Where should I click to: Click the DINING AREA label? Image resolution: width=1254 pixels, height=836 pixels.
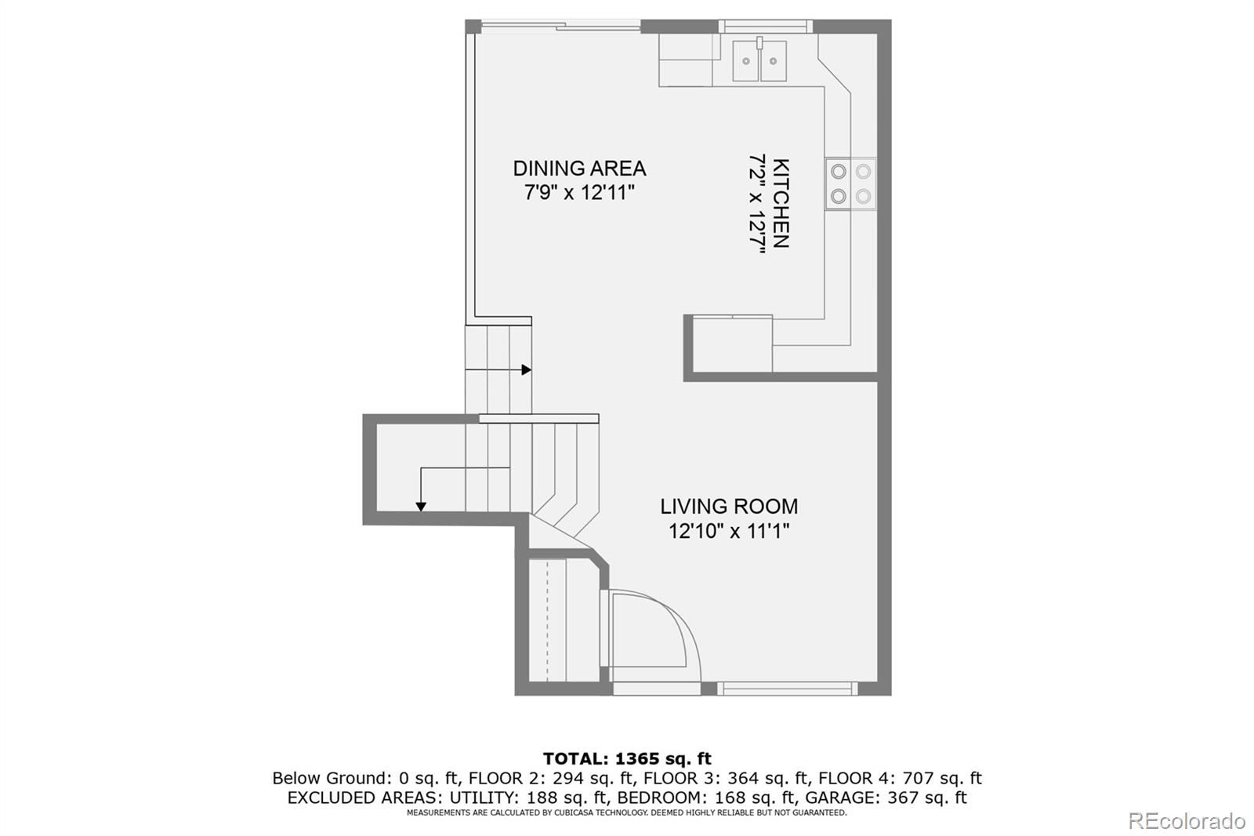click(x=579, y=168)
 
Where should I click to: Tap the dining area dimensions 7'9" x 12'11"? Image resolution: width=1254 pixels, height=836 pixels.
click(x=579, y=193)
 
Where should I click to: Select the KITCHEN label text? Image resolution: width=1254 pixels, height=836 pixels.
click(x=781, y=204)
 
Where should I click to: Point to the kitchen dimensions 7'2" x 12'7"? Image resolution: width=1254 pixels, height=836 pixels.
click(x=756, y=204)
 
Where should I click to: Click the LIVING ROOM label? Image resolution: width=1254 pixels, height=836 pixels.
click(x=728, y=507)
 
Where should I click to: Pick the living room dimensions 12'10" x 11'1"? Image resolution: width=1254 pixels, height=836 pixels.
click(x=728, y=532)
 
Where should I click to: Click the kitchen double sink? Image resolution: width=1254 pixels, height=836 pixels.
click(x=759, y=61)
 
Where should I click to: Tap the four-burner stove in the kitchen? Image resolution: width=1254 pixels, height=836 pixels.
click(x=850, y=184)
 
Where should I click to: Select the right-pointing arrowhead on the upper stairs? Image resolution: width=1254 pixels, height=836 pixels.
click(x=527, y=369)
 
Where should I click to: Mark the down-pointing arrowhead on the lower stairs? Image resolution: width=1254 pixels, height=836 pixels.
click(x=421, y=507)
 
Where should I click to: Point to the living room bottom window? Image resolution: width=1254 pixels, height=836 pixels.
click(x=787, y=689)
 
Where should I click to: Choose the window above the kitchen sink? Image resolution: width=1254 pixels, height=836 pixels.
click(x=765, y=26)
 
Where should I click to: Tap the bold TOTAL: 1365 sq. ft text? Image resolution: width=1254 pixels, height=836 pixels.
click(x=627, y=758)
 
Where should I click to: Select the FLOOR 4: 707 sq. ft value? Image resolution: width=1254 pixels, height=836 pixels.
click(x=900, y=778)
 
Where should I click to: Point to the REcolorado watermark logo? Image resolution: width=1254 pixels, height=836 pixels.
click(x=1187, y=821)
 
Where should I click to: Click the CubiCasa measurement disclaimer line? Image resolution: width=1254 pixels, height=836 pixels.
click(x=626, y=813)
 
